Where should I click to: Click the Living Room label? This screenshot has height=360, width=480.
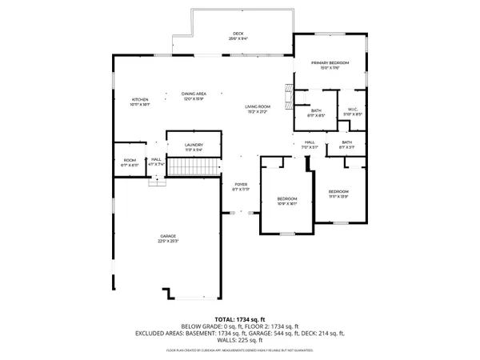coord(257,109)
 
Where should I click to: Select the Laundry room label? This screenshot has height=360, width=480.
coord(194,146)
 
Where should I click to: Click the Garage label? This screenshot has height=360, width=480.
coord(167,238)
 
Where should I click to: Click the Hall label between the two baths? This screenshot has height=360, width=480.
coord(310,146)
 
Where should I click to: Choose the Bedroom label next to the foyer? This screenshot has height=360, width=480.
coord(286,201)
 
